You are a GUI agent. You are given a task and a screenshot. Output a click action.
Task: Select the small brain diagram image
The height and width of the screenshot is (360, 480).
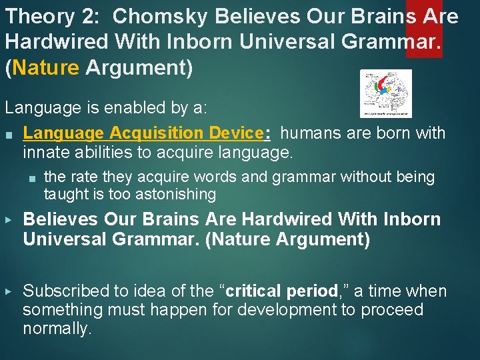click(385, 94)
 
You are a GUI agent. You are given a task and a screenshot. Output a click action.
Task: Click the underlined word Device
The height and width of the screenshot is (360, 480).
click(235, 133)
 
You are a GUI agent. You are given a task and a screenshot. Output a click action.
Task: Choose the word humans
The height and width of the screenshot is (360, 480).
click(312, 133)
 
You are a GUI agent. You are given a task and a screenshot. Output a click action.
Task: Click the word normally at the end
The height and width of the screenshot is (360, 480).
click(57, 329)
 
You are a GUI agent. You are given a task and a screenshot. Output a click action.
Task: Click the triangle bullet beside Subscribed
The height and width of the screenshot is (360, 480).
click(8, 291)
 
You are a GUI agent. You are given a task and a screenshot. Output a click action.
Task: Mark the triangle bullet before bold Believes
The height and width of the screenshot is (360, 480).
click(8, 219)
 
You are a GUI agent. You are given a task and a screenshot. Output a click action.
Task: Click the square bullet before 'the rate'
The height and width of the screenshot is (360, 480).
click(31, 177)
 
